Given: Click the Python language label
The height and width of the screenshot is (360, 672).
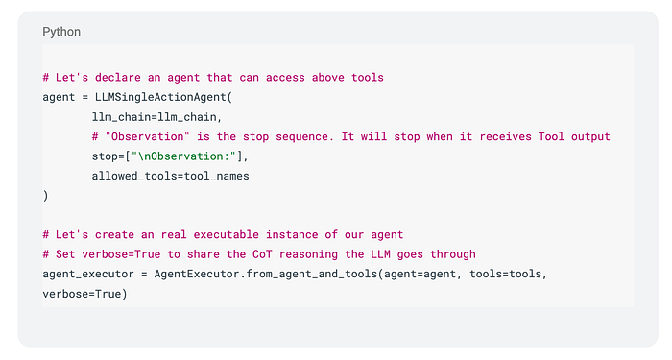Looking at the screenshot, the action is point(61,32).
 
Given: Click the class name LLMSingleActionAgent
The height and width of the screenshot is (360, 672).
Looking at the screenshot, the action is point(160,97).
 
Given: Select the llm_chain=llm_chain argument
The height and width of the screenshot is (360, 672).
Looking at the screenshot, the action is point(155,117).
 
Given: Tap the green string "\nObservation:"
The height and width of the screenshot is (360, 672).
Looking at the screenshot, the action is point(183,156).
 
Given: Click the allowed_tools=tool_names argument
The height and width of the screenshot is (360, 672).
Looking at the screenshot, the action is point(171,176).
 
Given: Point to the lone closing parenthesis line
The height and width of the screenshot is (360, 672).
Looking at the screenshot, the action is point(45,196).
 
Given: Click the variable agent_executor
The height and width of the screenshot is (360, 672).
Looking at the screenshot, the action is point(88,275).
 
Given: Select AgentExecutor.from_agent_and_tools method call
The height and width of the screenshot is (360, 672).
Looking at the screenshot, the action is point(266,274).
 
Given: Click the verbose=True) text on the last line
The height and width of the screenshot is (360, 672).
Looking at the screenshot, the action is point(84,294).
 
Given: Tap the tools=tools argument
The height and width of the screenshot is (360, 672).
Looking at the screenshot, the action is point(506,274).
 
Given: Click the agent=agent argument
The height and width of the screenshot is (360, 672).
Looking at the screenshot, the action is point(420,274).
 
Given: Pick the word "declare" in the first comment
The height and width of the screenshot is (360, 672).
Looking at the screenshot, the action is point(118,78).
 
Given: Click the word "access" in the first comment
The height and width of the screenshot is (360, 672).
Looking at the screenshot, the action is point(285,78).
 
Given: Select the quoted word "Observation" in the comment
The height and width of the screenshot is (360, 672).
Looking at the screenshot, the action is point(148,136).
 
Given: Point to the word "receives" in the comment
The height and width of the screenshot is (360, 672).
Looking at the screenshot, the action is point(505,136).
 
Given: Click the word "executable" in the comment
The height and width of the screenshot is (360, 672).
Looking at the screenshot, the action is point(227,235).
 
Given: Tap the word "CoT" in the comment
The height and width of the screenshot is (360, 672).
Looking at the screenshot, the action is point(262,254).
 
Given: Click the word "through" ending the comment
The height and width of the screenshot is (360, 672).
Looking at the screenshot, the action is point(453,254).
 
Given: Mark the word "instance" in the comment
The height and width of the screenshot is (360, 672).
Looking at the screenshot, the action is point(292,235).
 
